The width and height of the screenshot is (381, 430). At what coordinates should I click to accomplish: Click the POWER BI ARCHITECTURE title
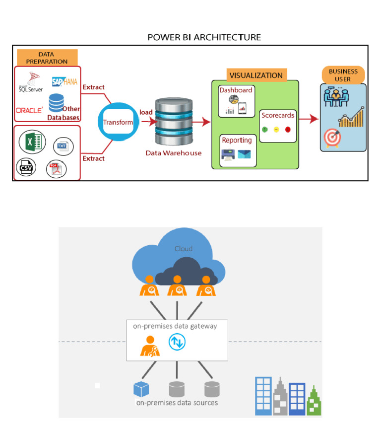(204, 37)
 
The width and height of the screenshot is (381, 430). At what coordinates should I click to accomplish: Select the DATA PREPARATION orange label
(47, 58)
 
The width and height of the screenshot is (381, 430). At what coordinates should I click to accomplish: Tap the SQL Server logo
(31, 82)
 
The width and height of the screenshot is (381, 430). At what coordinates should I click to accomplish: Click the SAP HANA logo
(64, 81)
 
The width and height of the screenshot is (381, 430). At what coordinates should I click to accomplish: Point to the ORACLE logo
(29, 110)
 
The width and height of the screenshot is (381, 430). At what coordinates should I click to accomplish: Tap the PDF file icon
(56, 169)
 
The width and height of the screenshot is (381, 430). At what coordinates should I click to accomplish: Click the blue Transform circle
(118, 122)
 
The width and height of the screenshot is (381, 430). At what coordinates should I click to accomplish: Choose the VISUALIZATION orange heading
(255, 75)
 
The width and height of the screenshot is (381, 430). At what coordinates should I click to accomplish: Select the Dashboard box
(236, 101)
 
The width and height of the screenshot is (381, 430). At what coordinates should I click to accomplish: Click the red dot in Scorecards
(288, 130)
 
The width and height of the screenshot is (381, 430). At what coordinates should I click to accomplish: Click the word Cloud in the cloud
(183, 249)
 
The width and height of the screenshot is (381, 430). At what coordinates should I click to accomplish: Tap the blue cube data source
(141, 389)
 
